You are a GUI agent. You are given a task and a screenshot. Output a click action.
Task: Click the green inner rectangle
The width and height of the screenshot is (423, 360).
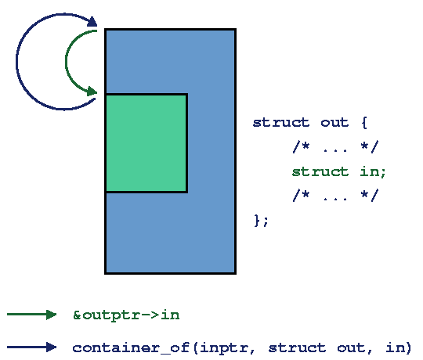[x=146, y=143]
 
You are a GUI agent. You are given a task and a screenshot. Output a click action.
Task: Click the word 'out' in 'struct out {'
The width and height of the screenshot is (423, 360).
[x=334, y=123]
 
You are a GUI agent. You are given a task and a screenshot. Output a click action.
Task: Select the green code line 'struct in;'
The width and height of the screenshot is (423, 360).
[x=339, y=172]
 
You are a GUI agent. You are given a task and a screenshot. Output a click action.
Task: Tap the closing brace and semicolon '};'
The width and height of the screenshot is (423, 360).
[x=261, y=221]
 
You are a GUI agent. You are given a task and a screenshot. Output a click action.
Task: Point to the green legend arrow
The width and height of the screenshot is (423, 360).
[x=32, y=315]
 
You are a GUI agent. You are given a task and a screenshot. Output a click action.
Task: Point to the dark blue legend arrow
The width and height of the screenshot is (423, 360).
[x=32, y=347]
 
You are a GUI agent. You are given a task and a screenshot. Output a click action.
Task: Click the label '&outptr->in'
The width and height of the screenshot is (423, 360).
[x=126, y=315]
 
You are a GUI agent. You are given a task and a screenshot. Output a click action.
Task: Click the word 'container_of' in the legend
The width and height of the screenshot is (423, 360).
[x=131, y=347]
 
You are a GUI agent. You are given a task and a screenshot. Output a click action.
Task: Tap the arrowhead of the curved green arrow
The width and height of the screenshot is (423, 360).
[x=92, y=92]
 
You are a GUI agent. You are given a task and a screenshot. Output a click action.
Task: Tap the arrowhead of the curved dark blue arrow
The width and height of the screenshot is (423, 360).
[x=92, y=22]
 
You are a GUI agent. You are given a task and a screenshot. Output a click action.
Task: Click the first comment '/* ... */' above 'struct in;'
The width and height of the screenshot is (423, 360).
[x=335, y=147]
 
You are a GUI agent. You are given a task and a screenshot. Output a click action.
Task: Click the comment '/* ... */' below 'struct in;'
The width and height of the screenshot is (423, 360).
[x=335, y=196]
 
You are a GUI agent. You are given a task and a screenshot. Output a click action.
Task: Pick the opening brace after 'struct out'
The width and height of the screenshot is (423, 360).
[x=364, y=123]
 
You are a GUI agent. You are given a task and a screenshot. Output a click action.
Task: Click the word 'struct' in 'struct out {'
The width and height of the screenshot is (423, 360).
[x=281, y=123]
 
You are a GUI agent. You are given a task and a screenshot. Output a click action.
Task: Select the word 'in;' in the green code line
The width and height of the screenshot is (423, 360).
[x=373, y=172]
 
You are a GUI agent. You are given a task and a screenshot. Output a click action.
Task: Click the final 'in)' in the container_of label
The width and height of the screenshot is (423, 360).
[x=399, y=347]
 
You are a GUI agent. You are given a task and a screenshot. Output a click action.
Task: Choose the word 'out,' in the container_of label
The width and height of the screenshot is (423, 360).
[x=355, y=348]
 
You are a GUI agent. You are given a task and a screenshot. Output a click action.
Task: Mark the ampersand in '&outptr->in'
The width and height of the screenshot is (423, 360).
[x=77, y=315]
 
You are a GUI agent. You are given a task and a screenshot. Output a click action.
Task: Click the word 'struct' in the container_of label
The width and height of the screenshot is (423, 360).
[x=297, y=347]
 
